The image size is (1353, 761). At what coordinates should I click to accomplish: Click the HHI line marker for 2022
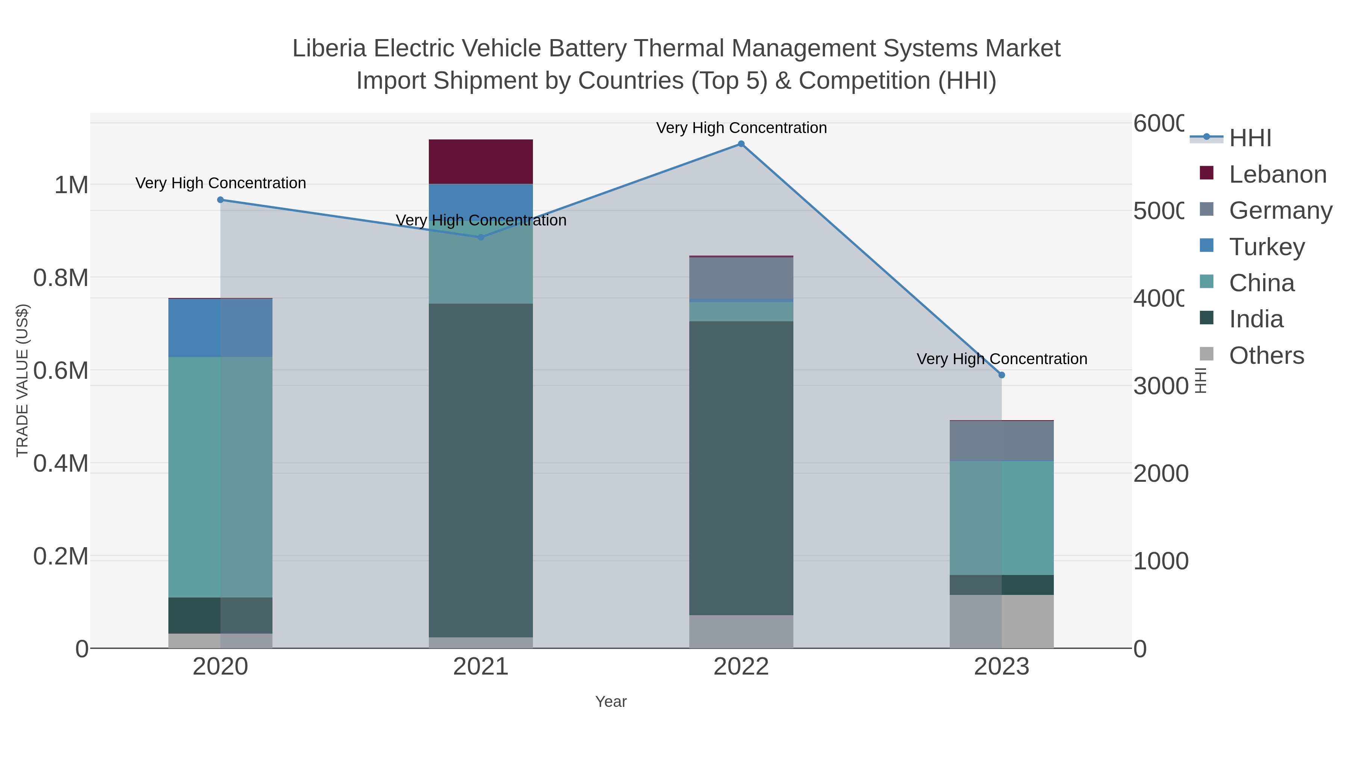pos(741,144)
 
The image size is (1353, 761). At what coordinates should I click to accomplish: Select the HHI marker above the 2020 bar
pos(221,200)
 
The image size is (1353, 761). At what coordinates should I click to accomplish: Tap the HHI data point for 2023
pos(1002,375)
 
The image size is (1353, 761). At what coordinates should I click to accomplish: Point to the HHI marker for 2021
pos(481,238)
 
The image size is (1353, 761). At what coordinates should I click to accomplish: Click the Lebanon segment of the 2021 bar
pos(481,162)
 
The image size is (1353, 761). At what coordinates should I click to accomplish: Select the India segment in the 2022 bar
pos(741,467)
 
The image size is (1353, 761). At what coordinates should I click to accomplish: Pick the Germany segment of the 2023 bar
pos(1002,441)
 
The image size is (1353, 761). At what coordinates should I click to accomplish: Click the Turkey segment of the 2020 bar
pos(221,328)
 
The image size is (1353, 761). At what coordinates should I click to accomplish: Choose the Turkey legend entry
pos(1266,247)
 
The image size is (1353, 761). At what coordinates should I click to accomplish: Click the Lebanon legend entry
pos(1277,174)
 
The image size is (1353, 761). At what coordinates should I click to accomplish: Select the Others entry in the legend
pos(1266,356)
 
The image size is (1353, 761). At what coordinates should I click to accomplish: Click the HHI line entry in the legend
pos(1250,138)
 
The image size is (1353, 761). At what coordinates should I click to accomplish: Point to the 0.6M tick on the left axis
pos(61,371)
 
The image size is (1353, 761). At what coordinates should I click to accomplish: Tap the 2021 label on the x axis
pos(481,667)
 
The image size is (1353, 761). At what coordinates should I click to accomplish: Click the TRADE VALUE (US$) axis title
pos(23,380)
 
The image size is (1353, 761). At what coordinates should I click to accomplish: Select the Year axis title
pos(611,702)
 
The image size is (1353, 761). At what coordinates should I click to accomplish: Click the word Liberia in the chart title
pos(329,48)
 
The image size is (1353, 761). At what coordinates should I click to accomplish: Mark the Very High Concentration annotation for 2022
pos(741,128)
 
